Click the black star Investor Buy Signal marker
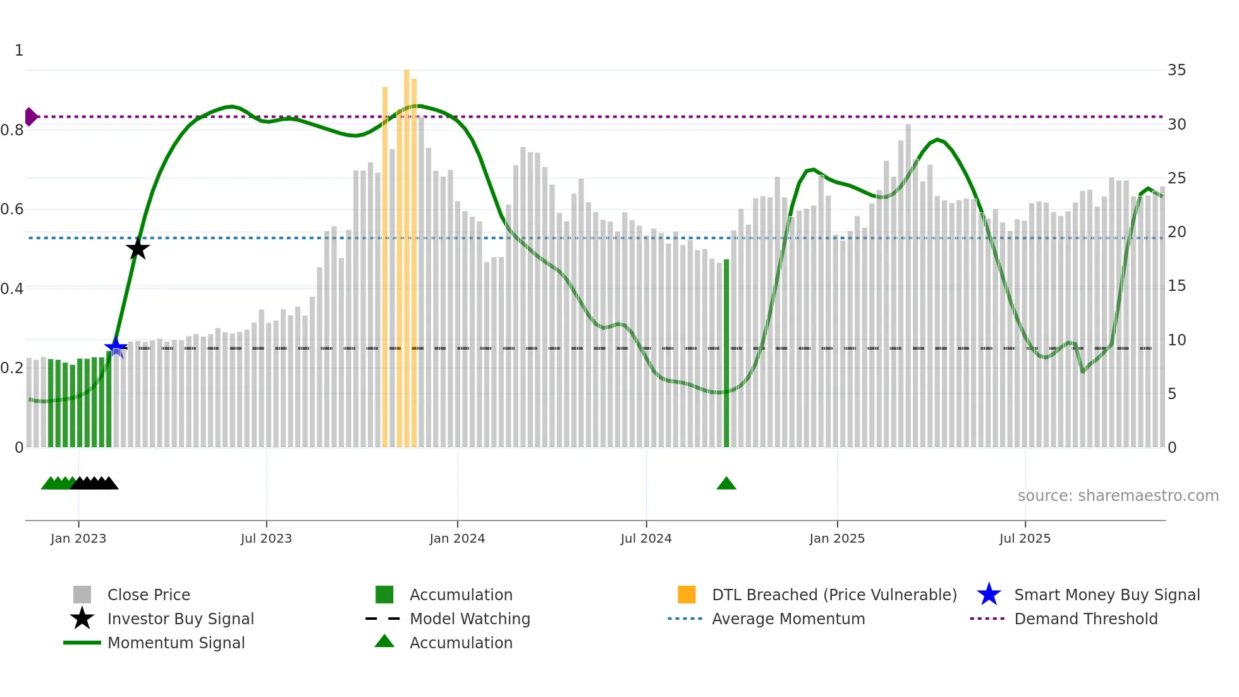pyautogui.click(x=138, y=249)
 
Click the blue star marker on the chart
pyautogui.click(x=116, y=347)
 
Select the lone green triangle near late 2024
pyautogui.click(x=726, y=484)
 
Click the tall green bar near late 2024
pyautogui.click(x=726, y=354)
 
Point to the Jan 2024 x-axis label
pyautogui.click(x=457, y=538)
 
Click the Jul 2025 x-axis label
pyautogui.click(x=1025, y=538)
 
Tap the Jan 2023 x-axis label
pyautogui.click(x=78, y=538)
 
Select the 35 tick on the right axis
pyautogui.click(x=1176, y=70)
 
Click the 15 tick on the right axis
pyautogui.click(x=1176, y=286)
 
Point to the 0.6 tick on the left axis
pyautogui.click(x=12, y=209)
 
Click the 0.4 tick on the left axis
pyautogui.click(x=12, y=289)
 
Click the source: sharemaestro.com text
pyautogui.click(x=1118, y=496)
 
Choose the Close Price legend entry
pyautogui.click(x=149, y=595)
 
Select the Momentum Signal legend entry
pyautogui.click(x=176, y=643)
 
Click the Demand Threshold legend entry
pyautogui.click(x=1085, y=619)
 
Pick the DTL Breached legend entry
pyautogui.click(x=834, y=595)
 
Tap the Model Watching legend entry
pyautogui.click(x=470, y=619)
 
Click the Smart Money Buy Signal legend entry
pyautogui.click(x=1106, y=595)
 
